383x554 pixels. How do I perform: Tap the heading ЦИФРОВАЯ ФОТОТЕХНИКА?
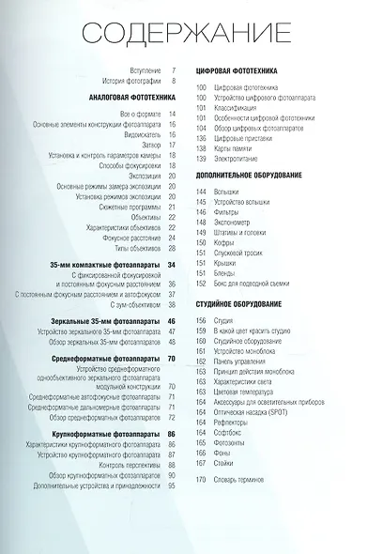(x=237, y=70)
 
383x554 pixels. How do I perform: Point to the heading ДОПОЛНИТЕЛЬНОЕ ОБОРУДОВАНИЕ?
(x=249, y=176)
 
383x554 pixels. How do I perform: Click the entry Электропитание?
(x=234, y=161)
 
